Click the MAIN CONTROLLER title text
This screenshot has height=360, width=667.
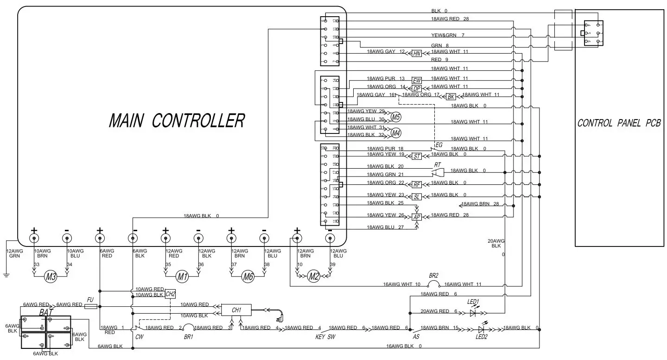tap(177, 121)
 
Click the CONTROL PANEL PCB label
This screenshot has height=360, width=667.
tap(619, 123)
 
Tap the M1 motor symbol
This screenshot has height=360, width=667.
tap(182, 277)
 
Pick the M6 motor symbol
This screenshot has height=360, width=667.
tap(248, 277)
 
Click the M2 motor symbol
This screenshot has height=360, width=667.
tap(314, 277)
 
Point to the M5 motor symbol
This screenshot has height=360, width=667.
tap(395, 117)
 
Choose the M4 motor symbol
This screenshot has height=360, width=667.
tap(395, 133)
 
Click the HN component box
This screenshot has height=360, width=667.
tap(417, 54)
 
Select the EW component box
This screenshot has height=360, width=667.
tap(416, 81)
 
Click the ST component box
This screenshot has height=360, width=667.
tap(417, 157)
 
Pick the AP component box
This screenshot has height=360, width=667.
tap(416, 217)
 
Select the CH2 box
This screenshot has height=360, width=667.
tap(170, 294)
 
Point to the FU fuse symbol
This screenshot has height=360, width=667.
tap(91, 306)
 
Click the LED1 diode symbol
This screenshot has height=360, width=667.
tap(473, 313)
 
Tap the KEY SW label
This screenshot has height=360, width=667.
tap(325, 337)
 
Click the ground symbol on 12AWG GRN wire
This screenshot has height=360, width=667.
tap(6, 275)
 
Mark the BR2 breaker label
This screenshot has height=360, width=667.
tap(433, 275)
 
